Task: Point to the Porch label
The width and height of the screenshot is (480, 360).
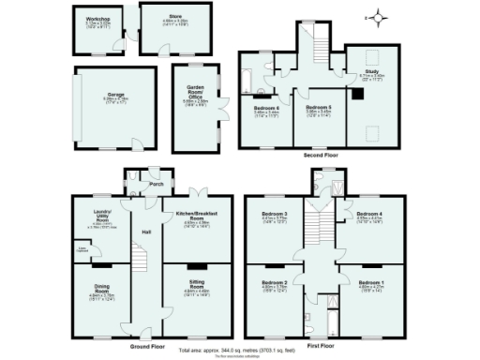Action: point(156,185)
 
